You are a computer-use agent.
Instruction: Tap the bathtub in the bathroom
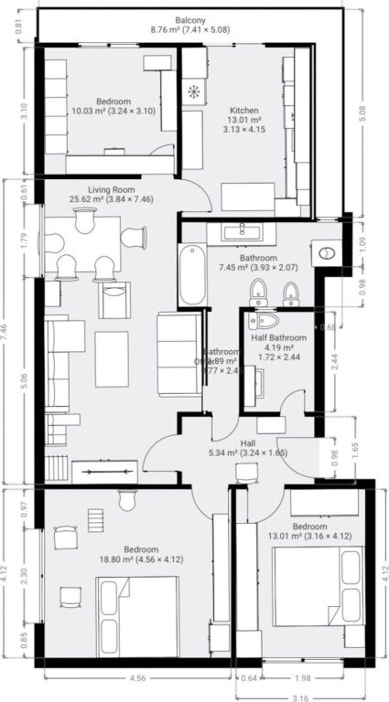(x=192, y=274)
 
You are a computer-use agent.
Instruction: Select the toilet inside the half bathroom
(x=266, y=321)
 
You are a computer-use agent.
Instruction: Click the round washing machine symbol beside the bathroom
(x=325, y=251)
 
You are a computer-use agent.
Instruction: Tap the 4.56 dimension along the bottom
(x=112, y=678)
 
